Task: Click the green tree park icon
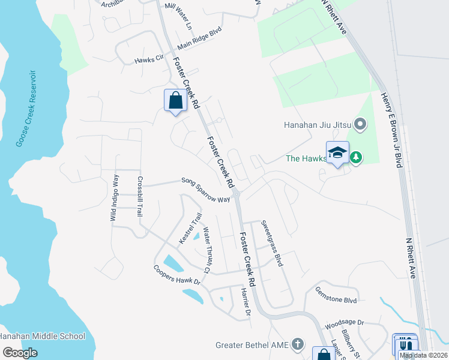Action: tap(357, 158)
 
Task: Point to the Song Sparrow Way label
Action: tap(206, 190)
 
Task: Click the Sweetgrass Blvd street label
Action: tap(271, 243)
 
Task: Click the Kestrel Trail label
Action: tap(188, 229)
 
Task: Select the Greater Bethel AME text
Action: tap(253, 345)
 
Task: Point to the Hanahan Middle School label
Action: tap(43, 337)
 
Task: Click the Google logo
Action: tap(20, 353)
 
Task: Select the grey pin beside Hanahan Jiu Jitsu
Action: tap(360, 125)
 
